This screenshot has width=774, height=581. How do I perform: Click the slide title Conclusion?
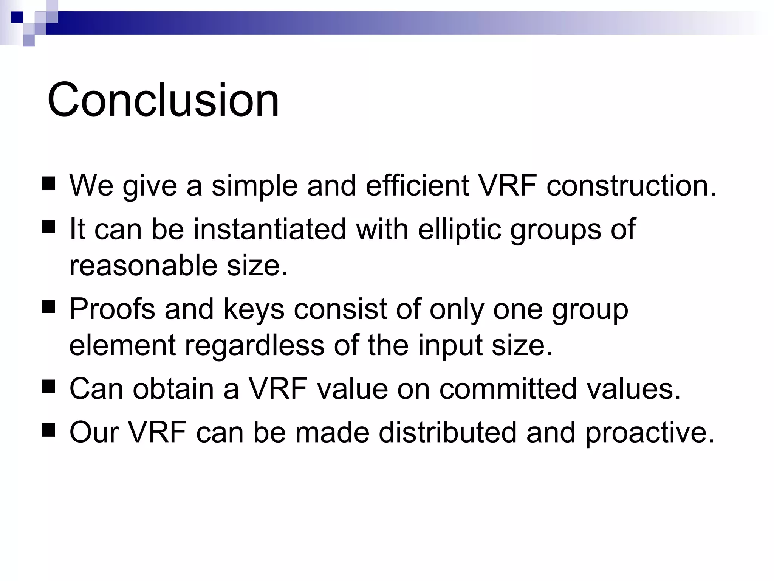point(163,100)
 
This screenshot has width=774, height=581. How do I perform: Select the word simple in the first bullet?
point(254,186)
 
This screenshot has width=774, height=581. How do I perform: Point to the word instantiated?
point(270,229)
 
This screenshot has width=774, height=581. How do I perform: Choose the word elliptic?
point(459,230)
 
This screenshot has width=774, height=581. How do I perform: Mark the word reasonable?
point(143,266)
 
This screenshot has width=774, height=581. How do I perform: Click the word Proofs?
point(112,309)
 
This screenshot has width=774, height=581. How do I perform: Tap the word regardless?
point(254,345)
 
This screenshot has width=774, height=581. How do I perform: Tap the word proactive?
point(650,433)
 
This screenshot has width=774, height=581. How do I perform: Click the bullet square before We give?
point(48,183)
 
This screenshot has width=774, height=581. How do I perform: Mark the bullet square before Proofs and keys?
point(48,307)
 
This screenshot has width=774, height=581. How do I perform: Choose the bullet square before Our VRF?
point(48,430)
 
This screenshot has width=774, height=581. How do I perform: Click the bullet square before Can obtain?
point(48,387)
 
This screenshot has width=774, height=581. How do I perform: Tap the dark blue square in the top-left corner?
point(17,17)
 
